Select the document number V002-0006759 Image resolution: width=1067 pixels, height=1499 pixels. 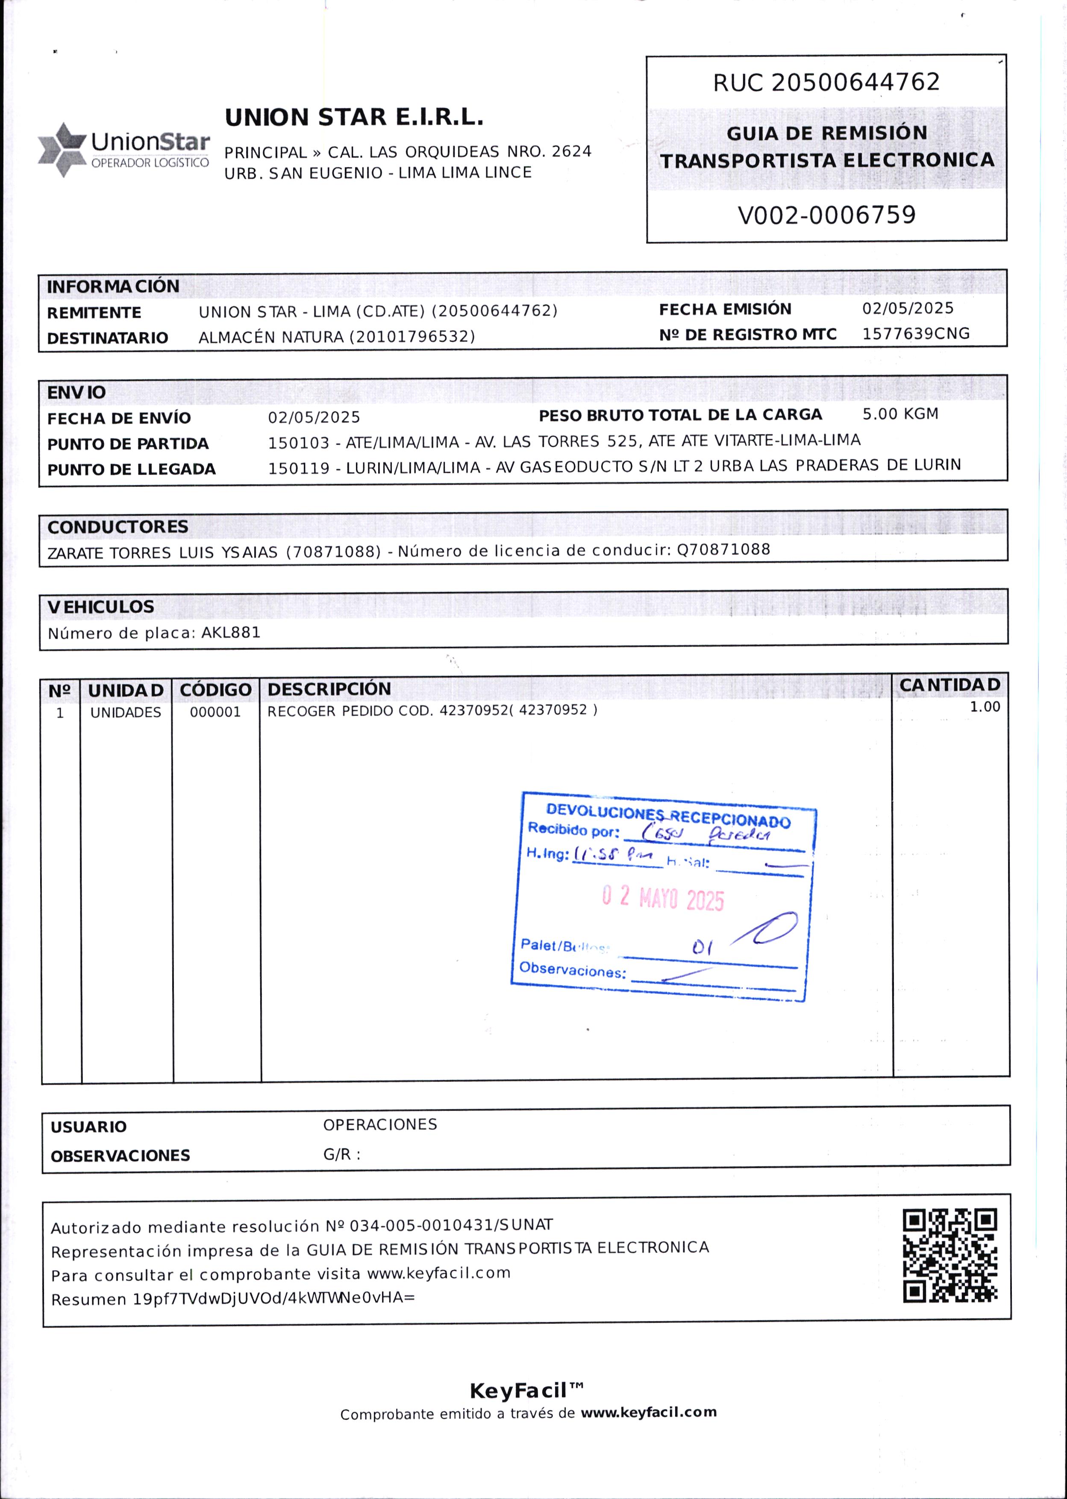coord(826,215)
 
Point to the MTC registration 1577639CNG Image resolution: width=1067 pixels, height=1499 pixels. coord(915,334)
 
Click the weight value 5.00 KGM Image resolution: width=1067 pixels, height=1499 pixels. coord(900,414)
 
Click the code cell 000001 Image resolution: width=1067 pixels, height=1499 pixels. coord(215,713)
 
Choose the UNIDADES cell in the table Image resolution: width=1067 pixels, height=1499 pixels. coord(126,713)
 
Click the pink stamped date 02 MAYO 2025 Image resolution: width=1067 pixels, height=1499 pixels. coord(662,898)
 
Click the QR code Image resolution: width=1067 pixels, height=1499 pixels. coord(949,1256)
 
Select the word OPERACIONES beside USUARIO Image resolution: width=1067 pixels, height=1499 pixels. coord(380,1125)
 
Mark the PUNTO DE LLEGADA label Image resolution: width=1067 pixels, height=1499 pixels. coord(132,469)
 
